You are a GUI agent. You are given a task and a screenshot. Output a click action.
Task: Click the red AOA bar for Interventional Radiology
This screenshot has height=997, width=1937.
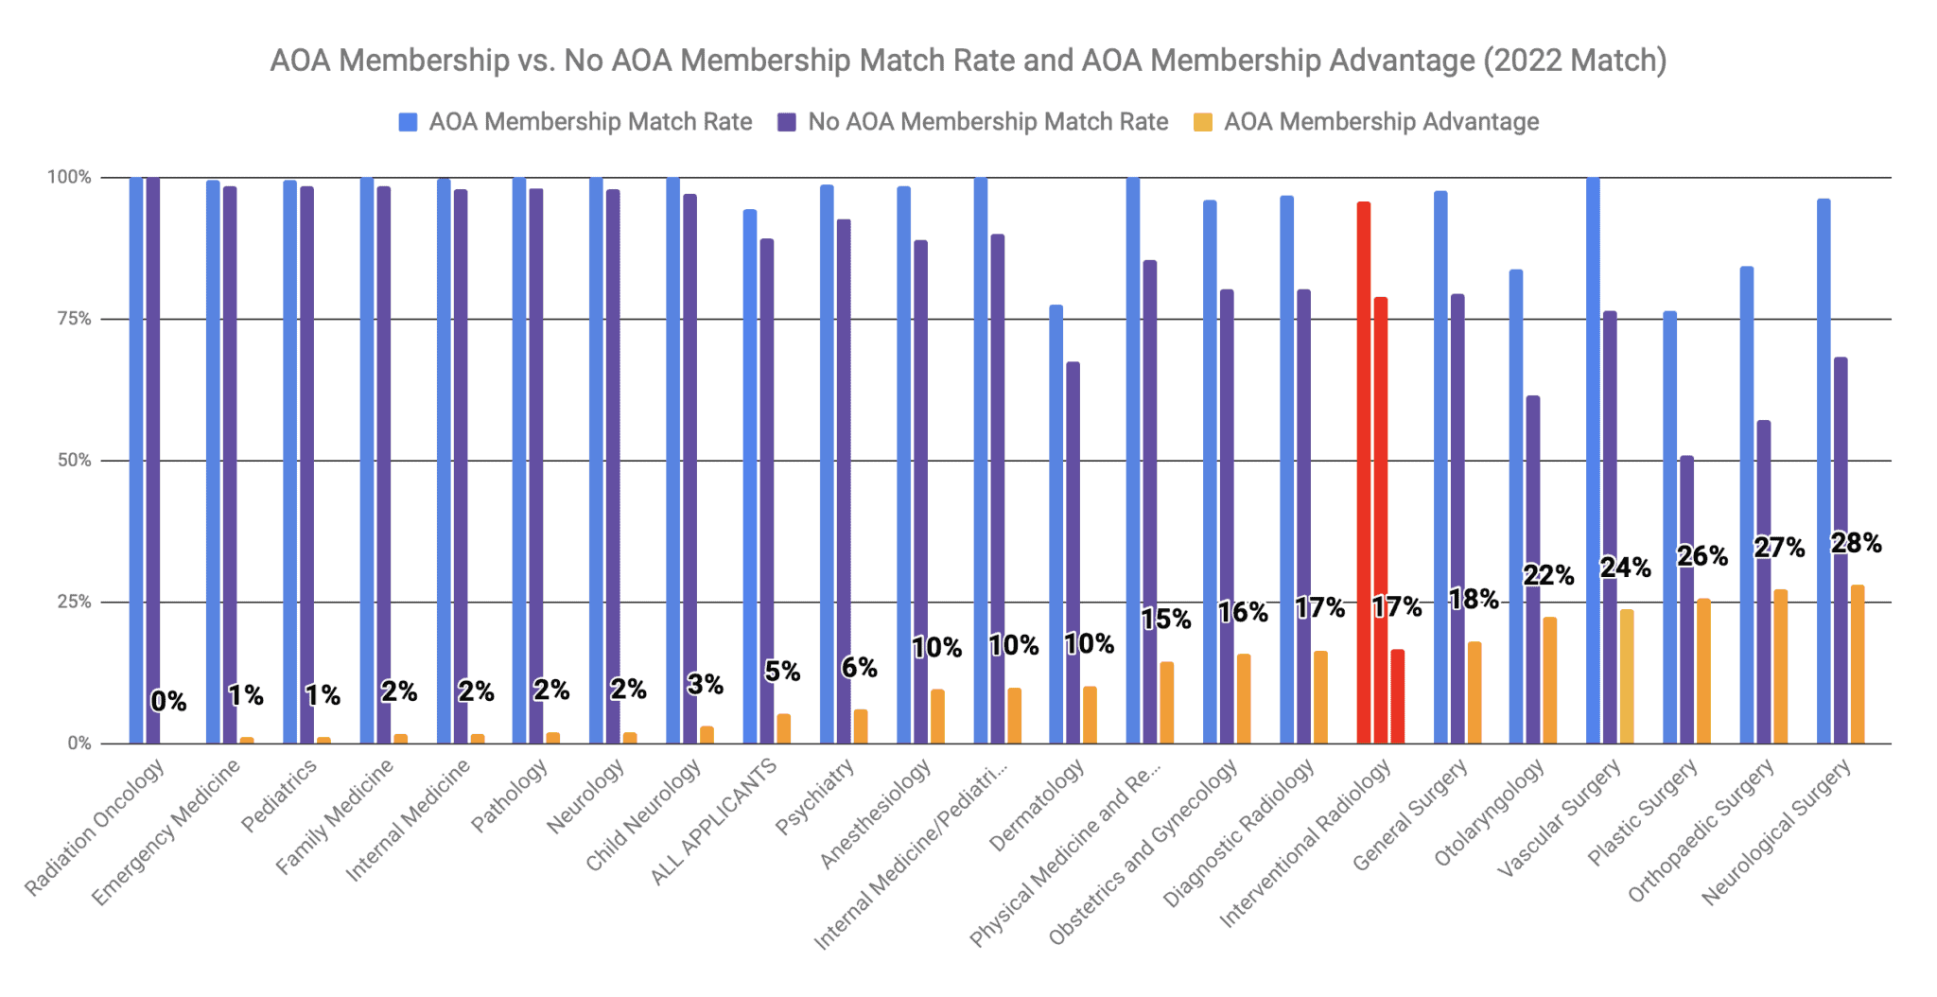pos(1363,473)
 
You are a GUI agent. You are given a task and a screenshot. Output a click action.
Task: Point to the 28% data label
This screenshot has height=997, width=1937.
pos(1856,543)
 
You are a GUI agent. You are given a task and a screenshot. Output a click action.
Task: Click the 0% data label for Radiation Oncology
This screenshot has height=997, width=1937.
pos(168,702)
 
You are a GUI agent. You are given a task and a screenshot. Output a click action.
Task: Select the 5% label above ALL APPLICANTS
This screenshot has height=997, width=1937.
pos(782,672)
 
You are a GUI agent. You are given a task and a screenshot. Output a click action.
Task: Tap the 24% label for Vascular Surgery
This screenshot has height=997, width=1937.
pos(1625,568)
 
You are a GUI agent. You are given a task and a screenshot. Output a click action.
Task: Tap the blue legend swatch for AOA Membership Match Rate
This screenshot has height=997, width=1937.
pos(408,122)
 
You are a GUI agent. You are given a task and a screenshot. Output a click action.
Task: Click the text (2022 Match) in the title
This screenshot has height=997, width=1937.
pos(1574,61)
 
